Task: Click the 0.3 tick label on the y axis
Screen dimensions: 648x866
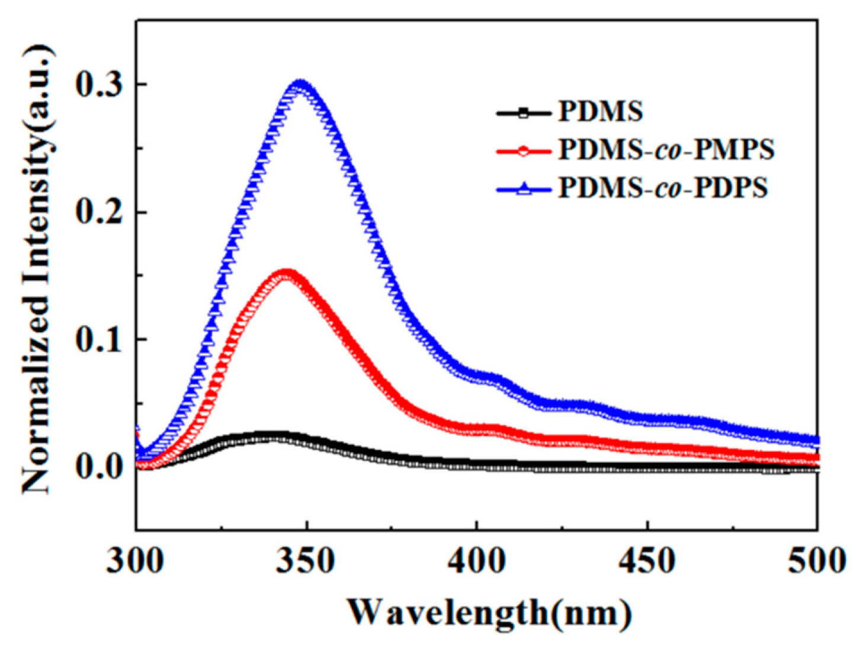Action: point(99,85)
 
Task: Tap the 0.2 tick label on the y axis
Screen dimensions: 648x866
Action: point(99,212)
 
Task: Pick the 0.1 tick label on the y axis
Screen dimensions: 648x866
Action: point(99,339)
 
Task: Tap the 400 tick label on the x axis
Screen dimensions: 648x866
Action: point(477,560)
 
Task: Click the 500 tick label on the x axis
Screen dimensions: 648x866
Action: point(816,560)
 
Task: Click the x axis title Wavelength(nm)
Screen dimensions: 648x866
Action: point(489,612)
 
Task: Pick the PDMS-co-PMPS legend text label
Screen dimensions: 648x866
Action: point(666,150)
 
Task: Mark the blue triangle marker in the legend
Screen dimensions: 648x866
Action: point(523,189)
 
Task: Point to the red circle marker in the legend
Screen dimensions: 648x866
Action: point(523,150)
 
